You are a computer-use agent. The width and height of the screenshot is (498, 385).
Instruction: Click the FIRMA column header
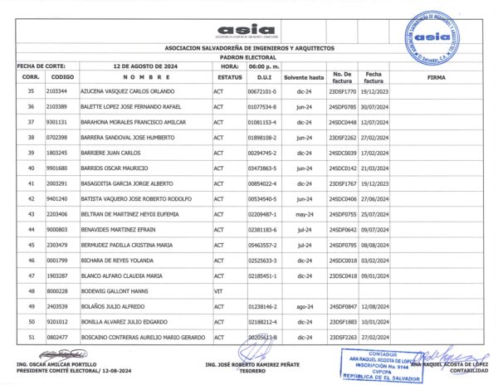coord(436,76)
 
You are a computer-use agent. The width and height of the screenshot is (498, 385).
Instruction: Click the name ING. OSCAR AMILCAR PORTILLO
coord(51,364)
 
